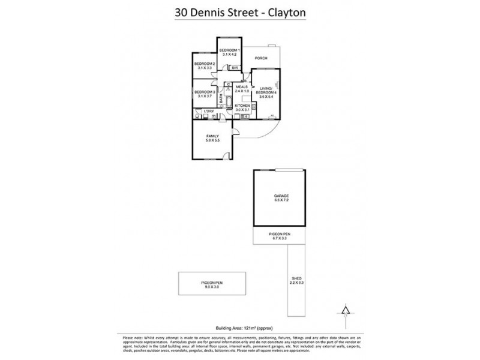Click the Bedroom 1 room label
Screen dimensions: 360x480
click(x=230, y=50)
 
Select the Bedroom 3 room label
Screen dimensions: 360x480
click(x=205, y=92)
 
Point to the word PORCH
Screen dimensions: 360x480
click(x=261, y=58)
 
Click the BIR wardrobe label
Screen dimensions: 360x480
click(x=235, y=68)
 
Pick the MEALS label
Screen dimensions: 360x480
click(x=242, y=86)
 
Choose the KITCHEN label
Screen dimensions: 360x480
click(x=242, y=106)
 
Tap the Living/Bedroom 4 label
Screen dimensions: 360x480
click(x=266, y=90)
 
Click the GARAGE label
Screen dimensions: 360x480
click(x=282, y=196)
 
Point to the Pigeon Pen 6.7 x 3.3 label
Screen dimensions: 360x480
click(x=282, y=236)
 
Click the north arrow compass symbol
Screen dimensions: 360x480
click(x=344, y=311)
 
